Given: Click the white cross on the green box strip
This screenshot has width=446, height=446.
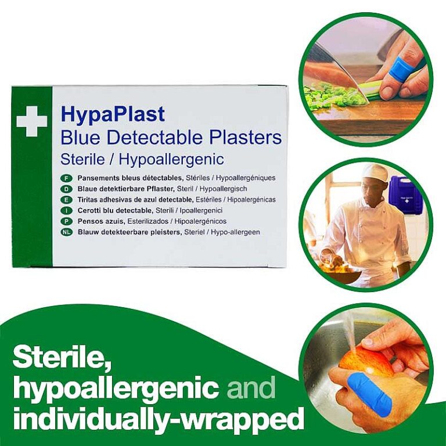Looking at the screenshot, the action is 31,121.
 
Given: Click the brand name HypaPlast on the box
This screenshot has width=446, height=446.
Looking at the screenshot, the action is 113,114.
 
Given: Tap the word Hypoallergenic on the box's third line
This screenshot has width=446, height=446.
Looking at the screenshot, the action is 171,159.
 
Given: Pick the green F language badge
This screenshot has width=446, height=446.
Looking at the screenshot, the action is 67,178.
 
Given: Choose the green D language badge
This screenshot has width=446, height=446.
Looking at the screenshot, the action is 67,189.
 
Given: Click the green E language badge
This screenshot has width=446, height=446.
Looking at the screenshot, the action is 67,200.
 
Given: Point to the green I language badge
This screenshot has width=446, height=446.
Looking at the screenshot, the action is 67,210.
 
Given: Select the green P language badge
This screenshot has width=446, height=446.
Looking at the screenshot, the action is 67,221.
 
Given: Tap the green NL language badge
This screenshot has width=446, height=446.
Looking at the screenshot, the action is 67,232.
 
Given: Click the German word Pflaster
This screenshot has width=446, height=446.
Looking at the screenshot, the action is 160,189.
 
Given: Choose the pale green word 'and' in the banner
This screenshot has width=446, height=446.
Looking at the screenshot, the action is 251,387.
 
